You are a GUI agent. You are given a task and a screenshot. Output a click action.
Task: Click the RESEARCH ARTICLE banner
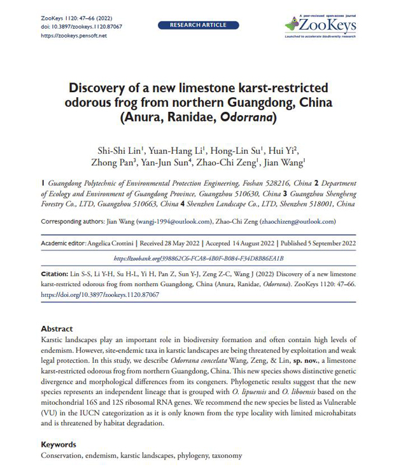tap(198, 25)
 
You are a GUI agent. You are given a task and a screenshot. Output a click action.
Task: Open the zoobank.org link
tap(198, 258)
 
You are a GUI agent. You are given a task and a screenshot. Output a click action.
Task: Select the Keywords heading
tap(59, 444)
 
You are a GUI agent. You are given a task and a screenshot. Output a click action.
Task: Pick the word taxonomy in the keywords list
tap(223, 456)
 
